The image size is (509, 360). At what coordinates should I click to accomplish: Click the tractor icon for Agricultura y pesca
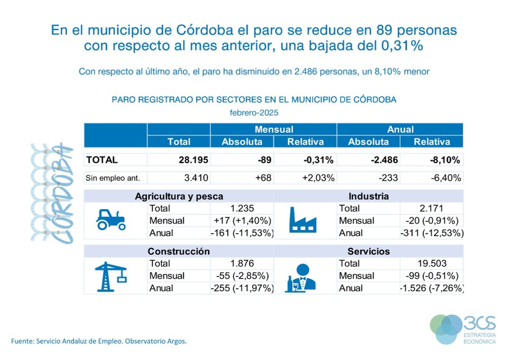coord(110,219)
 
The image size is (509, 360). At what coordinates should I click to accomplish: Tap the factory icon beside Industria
coord(302,220)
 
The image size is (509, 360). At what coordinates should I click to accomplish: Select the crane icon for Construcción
coord(110,275)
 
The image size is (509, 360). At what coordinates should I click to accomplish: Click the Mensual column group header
coord(273,129)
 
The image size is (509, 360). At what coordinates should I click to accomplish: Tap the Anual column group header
coord(400,129)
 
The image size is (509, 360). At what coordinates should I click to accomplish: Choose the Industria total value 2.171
coord(432,208)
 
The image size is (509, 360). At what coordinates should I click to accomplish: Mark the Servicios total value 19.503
coord(432,263)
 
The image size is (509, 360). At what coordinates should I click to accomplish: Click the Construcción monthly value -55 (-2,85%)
coord(242,275)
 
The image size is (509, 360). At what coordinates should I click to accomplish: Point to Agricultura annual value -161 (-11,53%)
coord(242,233)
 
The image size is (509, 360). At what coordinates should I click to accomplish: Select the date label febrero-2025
coord(254,112)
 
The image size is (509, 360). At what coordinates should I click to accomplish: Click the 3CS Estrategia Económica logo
coord(463,329)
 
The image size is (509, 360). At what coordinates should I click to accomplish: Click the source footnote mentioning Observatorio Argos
coord(99,341)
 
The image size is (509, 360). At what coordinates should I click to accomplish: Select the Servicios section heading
coord(369,252)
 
